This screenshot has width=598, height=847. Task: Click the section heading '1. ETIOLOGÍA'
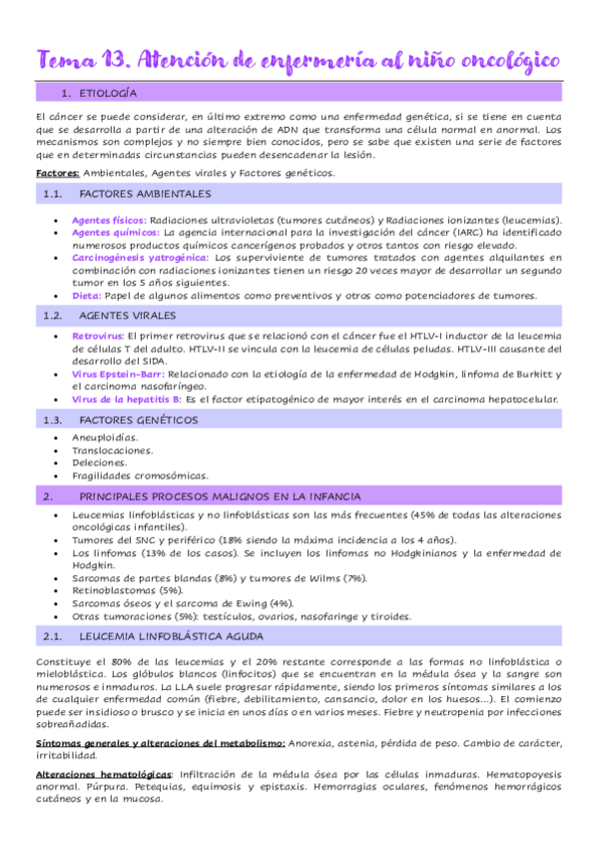(x=99, y=93)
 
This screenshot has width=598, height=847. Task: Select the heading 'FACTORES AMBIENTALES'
(x=145, y=194)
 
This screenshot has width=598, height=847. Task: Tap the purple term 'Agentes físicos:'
(x=109, y=220)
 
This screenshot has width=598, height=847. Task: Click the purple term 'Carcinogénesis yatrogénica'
(x=139, y=258)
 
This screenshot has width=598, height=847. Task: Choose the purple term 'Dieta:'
(x=86, y=296)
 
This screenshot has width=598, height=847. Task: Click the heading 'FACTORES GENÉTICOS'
(x=137, y=420)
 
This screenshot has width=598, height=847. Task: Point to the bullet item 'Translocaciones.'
(x=112, y=450)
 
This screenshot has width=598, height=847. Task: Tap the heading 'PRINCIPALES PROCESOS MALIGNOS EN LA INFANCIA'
(x=220, y=495)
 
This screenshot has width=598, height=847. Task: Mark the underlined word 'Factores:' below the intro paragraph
(x=57, y=173)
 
